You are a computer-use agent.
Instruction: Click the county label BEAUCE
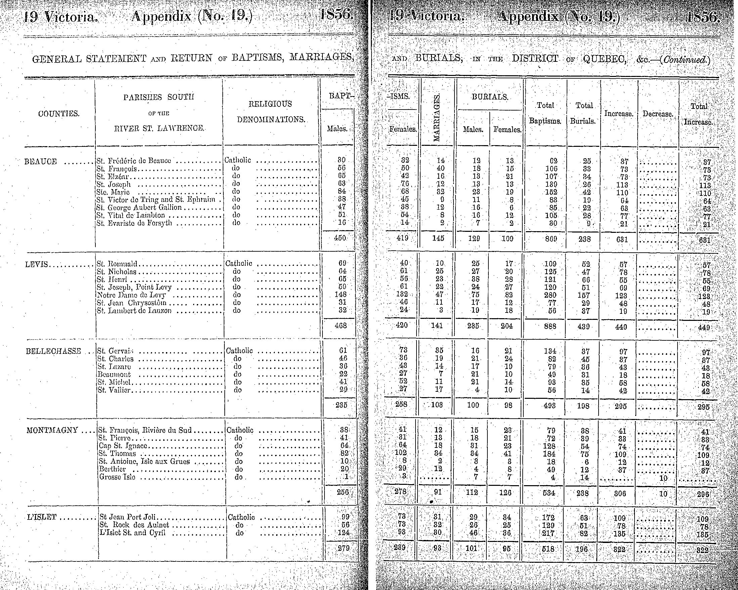click(41, 162)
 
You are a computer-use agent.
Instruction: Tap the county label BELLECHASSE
click(53, 351)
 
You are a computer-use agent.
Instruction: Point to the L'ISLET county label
click(42, 517)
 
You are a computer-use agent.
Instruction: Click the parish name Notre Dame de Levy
click(131, 295)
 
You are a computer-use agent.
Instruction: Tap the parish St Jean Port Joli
click(128, 517)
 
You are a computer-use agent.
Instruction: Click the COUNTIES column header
click(59, 113)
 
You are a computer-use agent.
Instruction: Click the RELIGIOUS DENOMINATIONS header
click(270, 112)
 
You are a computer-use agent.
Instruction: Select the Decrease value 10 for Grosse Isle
click(663, 478)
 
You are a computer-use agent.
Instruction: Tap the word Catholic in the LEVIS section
click(238, 264)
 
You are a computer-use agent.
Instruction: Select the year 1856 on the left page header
click(337, 16)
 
